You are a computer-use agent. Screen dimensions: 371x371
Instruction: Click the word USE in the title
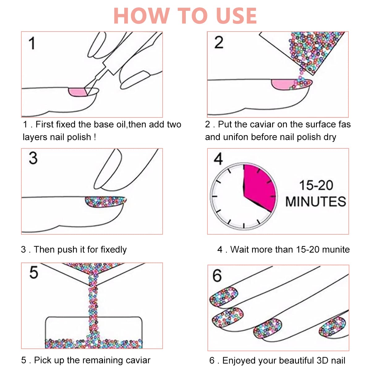(237, 15)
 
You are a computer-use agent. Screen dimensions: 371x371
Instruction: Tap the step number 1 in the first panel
(32, 43)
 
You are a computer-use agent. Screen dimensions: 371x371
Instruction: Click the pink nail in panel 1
(77, 92)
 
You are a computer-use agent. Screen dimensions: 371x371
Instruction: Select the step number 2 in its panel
(219, 42)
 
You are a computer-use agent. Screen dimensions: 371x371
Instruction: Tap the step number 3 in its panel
(33, 158)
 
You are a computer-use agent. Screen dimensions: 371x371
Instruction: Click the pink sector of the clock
(259, 185)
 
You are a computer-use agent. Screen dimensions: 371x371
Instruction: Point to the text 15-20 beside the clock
(316, 185)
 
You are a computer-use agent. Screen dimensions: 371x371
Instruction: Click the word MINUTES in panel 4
(316, 202)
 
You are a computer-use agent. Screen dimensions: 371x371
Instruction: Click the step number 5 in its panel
(33, 273)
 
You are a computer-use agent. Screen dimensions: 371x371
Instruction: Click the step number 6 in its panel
(217, 275)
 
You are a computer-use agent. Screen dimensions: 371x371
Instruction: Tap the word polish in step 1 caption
(79, 137)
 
